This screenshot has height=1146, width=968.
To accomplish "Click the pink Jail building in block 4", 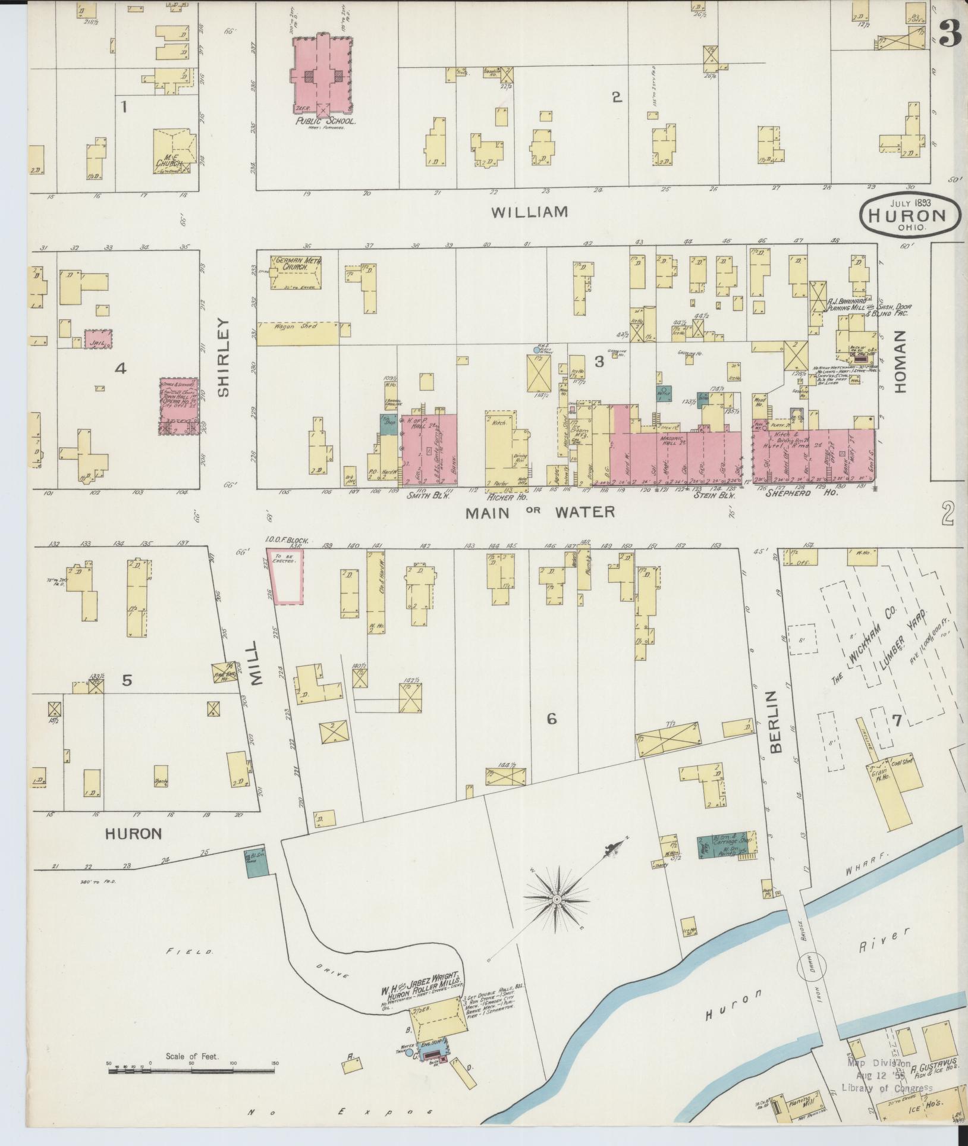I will click(98, 339).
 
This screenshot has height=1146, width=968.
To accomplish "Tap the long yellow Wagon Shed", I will click(297, 334).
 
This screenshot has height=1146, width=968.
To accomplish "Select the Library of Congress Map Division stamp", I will click(886, 1075).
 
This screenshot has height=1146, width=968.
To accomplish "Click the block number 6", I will click(551, 719).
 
